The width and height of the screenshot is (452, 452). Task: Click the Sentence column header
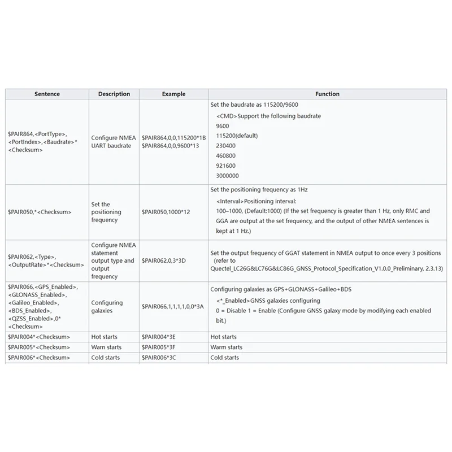[x=47, y=94]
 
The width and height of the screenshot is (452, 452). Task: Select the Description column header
[x=114, y=94]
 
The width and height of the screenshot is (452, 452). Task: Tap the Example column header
[x=173, y=94]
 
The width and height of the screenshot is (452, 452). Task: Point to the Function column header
[x=328, y=94]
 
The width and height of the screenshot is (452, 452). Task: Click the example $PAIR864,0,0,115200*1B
[x=173, y=137]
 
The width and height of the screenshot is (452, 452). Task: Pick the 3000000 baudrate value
[x=227, y=176]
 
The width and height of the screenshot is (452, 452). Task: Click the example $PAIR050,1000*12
[x=166, y=212]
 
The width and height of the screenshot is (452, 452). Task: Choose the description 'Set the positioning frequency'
[x=106, y=212]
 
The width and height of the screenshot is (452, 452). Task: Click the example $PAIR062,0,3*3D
[x=164, y=261]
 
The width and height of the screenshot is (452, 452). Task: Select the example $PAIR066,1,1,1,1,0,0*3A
[x=172, y=306]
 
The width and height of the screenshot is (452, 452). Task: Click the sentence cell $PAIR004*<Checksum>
[x=39, y=337]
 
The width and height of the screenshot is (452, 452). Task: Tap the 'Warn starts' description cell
[x=106, y=347]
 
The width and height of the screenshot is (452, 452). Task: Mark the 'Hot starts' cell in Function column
[x=223, y=337]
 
